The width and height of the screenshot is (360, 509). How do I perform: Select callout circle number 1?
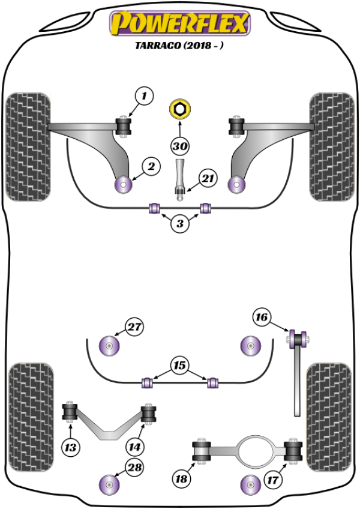tap(144, 95)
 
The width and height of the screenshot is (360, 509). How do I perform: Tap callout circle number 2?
tap(151, 167)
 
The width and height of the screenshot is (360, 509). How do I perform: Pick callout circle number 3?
tap(179, 224)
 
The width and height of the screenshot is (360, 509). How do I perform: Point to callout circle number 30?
tap(179, 146)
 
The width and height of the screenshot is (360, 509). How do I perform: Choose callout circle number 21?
tap(207, 178)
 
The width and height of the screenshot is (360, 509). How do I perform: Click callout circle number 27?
tap(134, 328)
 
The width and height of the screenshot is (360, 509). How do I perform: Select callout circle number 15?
tap(179, 364)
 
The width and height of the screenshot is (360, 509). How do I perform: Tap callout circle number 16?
tap(262, 317)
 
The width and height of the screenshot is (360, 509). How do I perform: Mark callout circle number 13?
tap(71, 447)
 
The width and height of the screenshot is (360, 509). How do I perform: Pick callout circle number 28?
tap(134, 468)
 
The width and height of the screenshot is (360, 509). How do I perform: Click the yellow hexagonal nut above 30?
tap(179, 109)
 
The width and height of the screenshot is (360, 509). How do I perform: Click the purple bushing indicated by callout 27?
tap(111, 345)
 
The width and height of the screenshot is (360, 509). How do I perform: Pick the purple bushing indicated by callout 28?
tap(110, 483)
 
